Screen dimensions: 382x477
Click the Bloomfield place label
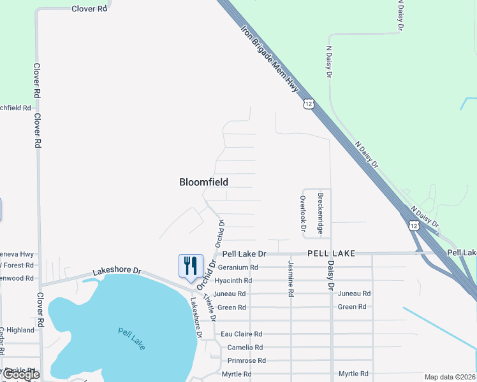click(203, 182)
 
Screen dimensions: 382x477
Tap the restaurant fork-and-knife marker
click(190, 266)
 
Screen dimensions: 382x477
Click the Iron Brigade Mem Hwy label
click(270, 59)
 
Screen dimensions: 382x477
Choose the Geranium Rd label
click(237, 267)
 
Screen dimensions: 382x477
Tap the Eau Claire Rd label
click(241, 334)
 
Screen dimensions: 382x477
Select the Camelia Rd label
click(241, 348)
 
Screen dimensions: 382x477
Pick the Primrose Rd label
click(244, 360)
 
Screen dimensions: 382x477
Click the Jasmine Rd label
click(291, 278)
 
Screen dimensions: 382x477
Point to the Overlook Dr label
click(304, 213)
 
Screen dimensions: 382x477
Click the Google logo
click(21, 374)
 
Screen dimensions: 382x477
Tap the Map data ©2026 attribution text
click(450, 377)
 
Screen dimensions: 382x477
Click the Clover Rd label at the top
click(89, 9)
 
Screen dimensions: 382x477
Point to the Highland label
click(20, 330)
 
